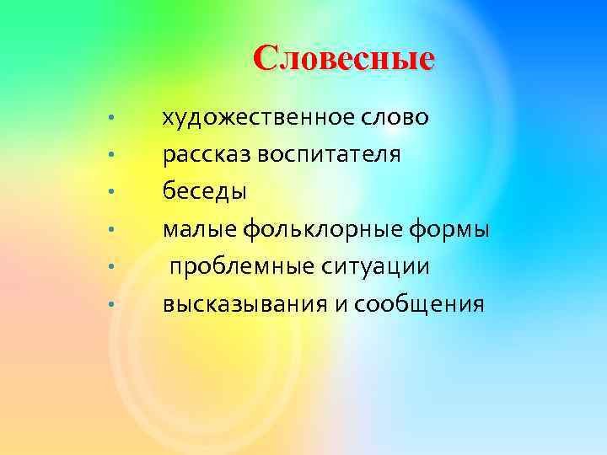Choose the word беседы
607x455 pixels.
pos(205,192)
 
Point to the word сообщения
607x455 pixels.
pos(419,304)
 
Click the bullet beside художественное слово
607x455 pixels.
pos(110,117)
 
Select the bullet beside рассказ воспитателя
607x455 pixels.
pos(110,155)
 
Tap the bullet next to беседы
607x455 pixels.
pos(110,192)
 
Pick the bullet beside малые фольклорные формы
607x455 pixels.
pos(110,229)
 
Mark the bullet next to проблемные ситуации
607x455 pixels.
pos(110,267)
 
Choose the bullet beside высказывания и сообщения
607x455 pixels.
pos(110,304)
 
